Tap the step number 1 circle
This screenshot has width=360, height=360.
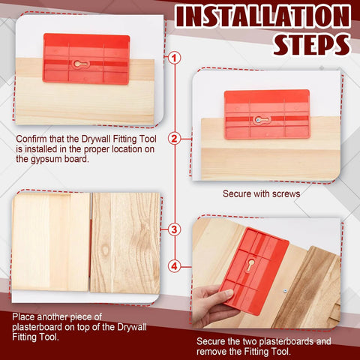point(174,57)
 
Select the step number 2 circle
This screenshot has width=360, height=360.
point(174,138)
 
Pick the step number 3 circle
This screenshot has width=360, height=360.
point(174,229)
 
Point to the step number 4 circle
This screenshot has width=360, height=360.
point(174,265)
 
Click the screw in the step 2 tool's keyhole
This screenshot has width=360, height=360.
point(258,119)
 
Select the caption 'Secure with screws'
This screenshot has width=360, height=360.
point(261,193)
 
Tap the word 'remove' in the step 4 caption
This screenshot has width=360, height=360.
point(212,350)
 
